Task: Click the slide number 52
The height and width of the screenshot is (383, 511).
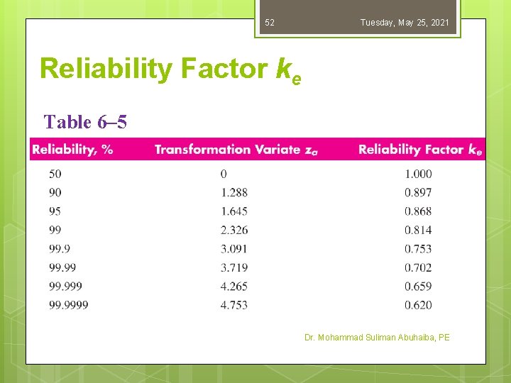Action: [x=270, y=23]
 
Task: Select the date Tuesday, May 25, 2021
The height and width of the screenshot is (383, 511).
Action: [x=405, y=23]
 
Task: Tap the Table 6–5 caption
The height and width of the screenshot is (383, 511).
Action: [x=85, y=122]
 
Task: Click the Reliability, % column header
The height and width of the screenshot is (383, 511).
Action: [x=72, y=149]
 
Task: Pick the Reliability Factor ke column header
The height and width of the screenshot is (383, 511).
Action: [x=420, y=149]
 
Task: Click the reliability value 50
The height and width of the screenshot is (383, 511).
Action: [x=55, y=174]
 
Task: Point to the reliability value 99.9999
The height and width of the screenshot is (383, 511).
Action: [x=69, y=305]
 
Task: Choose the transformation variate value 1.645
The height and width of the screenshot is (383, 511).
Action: [x=234, y=211]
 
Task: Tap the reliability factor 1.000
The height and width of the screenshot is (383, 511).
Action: [x=418, y=174]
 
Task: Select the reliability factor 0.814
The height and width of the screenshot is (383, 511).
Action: [x=418, y=230]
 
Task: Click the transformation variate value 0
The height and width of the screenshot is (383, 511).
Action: [x=224, y=174]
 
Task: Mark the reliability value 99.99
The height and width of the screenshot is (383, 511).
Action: [x=62, y=267]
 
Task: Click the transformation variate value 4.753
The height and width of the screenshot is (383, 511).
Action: [x=234, y=305]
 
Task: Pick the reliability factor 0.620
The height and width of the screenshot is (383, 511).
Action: [x=418, y=305]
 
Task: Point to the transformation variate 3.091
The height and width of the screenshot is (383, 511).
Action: [x=234, y=249]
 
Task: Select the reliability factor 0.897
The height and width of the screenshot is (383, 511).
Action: [x=418, y=192]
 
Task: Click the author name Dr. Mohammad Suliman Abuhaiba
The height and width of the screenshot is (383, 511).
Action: [x=377, y=338]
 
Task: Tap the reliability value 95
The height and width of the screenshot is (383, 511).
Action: [x=55, y=211]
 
